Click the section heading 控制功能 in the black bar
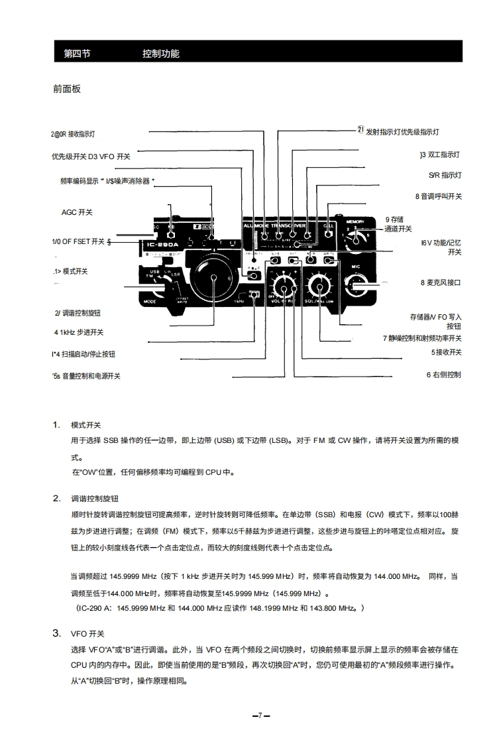click(160, 54)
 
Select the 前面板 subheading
click(67, 88)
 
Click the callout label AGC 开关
click(77, 212)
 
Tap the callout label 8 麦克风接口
click(440, 282)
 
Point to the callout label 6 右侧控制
click(443, 375)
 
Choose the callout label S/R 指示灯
click(445, 175)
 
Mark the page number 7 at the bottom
click(260, 715)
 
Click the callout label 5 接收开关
click(446, 352)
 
